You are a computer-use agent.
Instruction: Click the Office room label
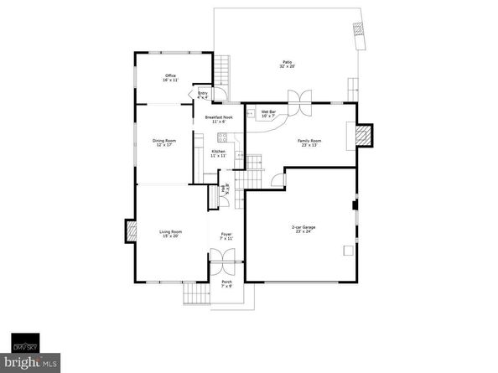tap(170, 78)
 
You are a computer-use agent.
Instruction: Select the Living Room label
tap(171, 233)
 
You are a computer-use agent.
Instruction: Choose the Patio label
tap(288, 65)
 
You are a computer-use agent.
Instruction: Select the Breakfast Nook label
tap(219, 119)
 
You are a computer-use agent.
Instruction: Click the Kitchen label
tap(218, 153)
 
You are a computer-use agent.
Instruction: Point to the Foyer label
tap(226, 236)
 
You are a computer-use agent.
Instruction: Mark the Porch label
tap(226, 283)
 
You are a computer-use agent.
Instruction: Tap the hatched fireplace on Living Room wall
tap(131, 231)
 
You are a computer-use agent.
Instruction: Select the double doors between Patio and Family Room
tap(295, 95)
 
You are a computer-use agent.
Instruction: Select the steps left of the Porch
tap(195, 294)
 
